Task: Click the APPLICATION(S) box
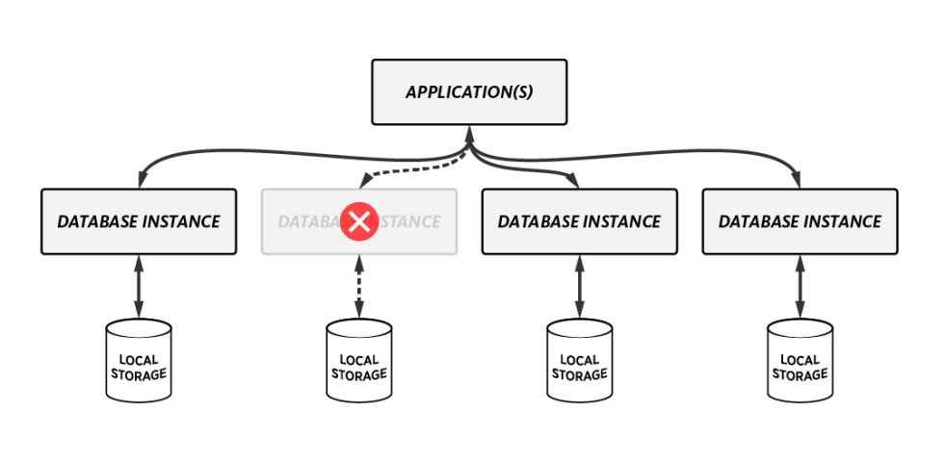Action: click(x=469, y=92)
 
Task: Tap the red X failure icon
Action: click(x=358, y=222)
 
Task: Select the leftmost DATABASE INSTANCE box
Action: click(x=139, y=221)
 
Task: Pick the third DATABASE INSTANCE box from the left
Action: click(x=579, y=221)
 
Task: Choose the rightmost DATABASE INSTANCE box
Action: click(x=800, y=221)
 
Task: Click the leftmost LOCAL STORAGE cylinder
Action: click(x=139, y=361)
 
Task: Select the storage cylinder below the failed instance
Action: click(x=358, y=361)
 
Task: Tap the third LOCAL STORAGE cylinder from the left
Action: click(x=579, y=361)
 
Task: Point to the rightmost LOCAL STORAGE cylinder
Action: click(x=800, y=361)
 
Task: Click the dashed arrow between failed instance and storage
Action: click(x=358, y=287)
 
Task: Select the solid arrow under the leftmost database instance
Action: click(x=139, y=287)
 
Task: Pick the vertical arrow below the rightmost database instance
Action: click(x=800, y=287)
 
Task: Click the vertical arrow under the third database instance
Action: click(x=579, y=287)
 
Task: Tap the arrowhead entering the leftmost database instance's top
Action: click(x=141, y=180)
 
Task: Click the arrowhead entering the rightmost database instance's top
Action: click(x=798, y=180)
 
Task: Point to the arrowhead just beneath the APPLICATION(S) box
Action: click(x=469, y=137)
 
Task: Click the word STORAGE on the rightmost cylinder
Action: click(x=800, y=374)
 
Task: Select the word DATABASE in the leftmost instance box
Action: click(x=97, y=221)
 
